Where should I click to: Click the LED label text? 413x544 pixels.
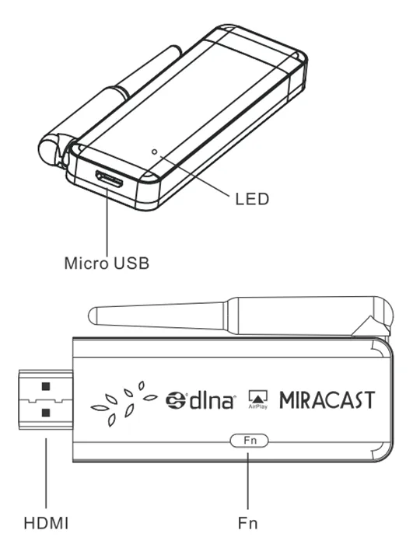[x=252, y=200]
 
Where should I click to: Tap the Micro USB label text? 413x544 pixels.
[x=106, y=262]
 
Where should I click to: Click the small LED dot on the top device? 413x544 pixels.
[x=155, y=152]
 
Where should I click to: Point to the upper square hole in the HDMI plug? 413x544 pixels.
[x=46, y=386]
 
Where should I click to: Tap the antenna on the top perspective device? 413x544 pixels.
[x=124, y=92]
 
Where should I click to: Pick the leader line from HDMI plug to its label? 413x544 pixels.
[x=44, y=474]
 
